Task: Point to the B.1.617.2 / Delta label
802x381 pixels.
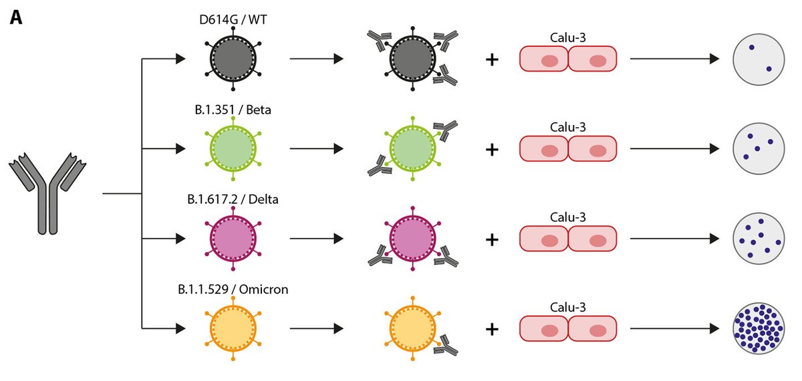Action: (233, 199)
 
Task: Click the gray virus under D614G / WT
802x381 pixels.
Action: (232, 59)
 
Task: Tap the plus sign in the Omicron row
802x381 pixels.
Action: (492, 329)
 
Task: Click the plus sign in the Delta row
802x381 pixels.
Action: (492, 239)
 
